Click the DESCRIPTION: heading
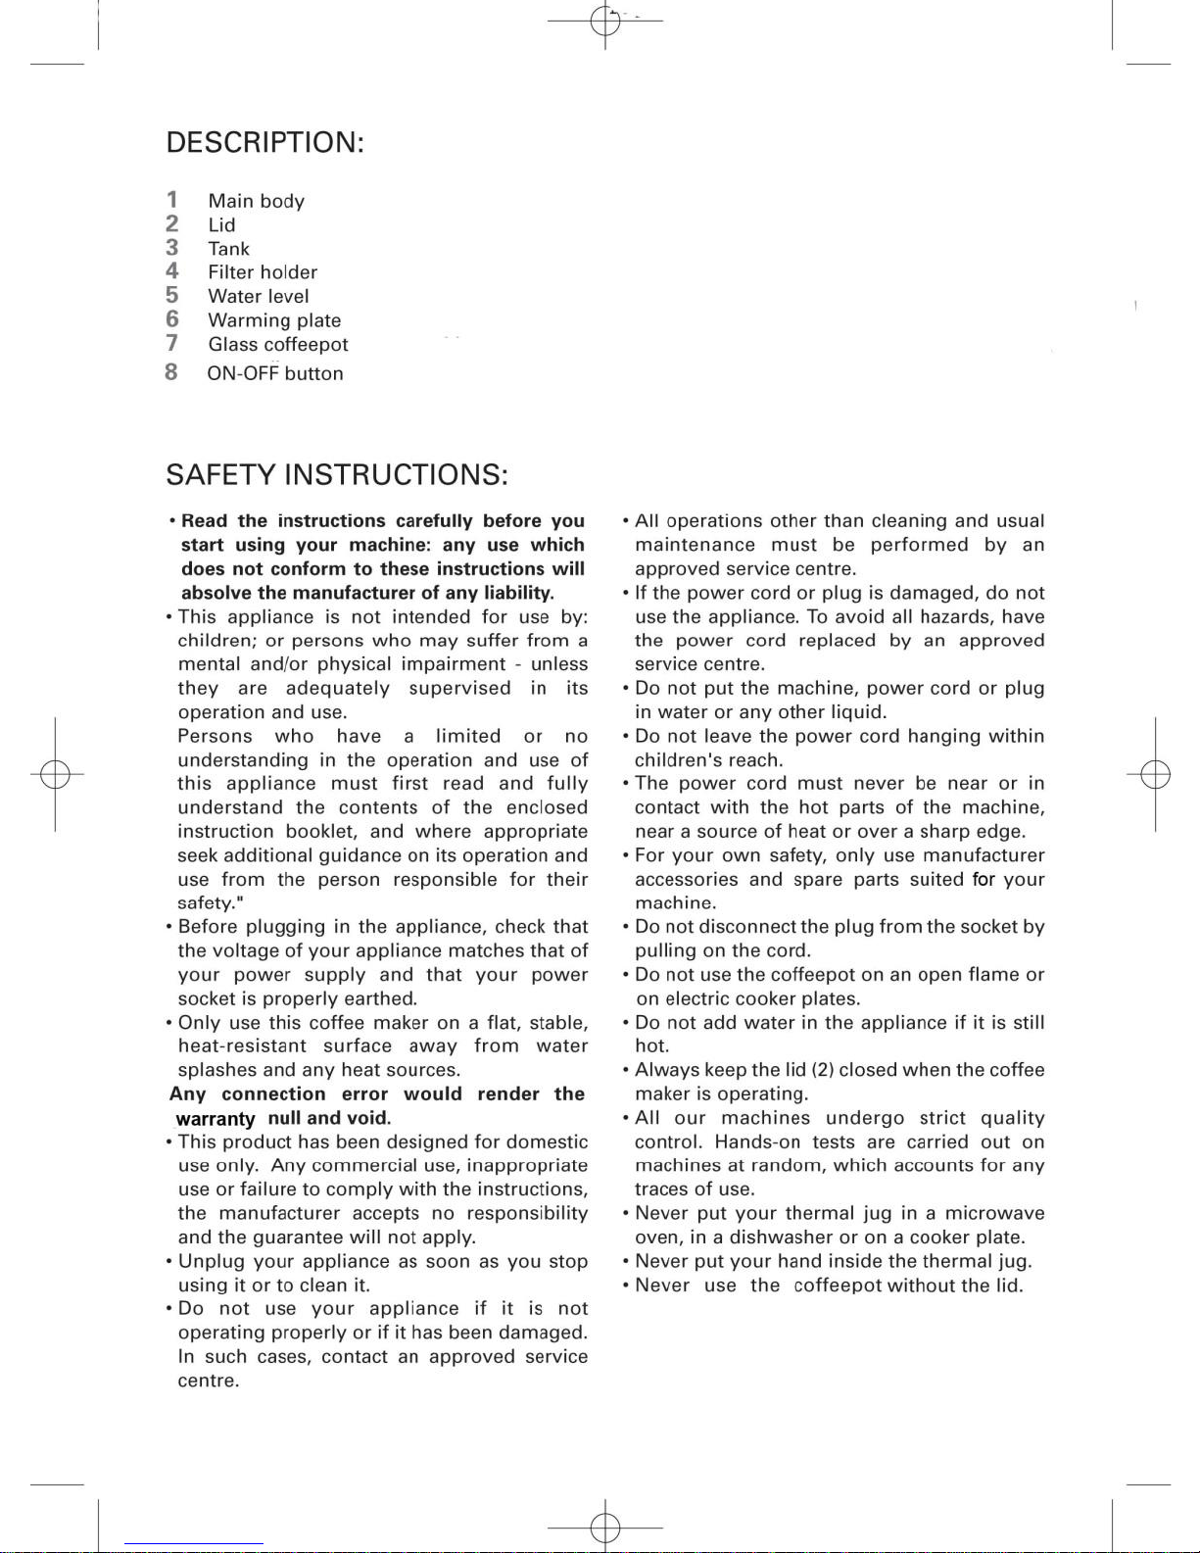coord(264,143)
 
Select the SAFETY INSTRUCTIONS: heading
coord(336,475)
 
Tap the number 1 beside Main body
coord(172,200)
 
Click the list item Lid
coord(221,225)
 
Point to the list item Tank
coord(228,249)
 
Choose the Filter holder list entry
coord(262,272)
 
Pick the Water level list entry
coord(258,297)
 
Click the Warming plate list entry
coord(274,320)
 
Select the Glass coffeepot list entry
coord(277,345)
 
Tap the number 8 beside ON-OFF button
coord(171,372)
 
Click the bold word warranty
coord(215,1119)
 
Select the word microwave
coord(994,1213)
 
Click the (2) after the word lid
coord(822,1070)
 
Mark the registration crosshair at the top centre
coord(605,20)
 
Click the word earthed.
coord(381,998)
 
